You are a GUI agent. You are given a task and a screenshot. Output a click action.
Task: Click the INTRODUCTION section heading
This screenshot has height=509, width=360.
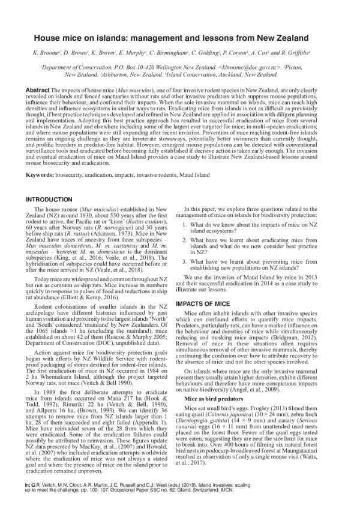(50, 198)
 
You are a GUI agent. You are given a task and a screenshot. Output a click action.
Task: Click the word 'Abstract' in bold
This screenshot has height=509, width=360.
(38, 89)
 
